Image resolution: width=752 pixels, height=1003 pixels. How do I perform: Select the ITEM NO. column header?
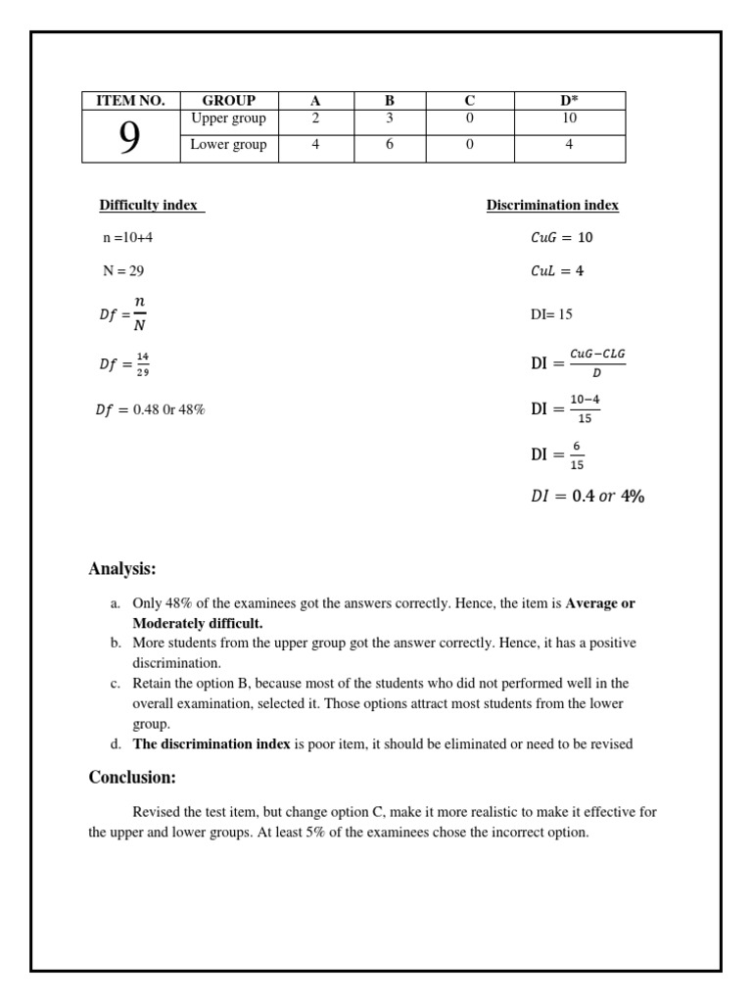pyautogui.click(x=130, y=101)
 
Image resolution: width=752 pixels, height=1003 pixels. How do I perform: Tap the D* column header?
pyautogui.click(x=569, y=101)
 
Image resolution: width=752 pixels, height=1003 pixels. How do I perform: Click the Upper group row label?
pyautogui.click(x=228, y=119)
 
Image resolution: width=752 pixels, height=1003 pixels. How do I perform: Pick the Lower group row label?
pyautogui.click(x=228, y=145)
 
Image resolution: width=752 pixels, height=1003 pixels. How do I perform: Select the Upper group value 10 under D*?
pyautogui.click(x=569, y=119)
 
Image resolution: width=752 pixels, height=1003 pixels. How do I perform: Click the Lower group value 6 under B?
pyautogui.click(x=390, y=145)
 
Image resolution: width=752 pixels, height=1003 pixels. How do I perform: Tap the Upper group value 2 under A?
pyautogui.click(x=315, y=119)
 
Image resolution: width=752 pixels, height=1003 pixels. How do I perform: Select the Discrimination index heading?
pyautogui.click(x=552, y=206)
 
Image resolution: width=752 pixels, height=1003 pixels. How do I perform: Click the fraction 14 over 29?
pyautogui.click(x=143, y=363)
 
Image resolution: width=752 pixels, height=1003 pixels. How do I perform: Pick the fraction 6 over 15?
pyautogui.click(x=577, y=455)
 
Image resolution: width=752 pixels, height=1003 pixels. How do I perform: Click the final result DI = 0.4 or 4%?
pyautogui.click(x=587, y=497)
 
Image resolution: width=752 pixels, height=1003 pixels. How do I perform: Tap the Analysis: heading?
pyautogui.click(x=122, y=569)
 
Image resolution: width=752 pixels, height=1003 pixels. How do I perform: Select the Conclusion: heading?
pyautogui.click(x=132, y=778)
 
